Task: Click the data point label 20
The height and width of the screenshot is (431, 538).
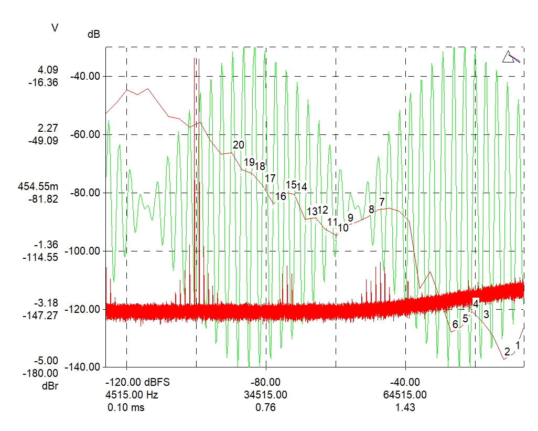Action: tap(239, 145)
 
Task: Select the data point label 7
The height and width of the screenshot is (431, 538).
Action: tap(382, 202)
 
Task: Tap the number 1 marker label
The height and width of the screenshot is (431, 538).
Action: tap(518, 345)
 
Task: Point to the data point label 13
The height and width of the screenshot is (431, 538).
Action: tap(312, 212)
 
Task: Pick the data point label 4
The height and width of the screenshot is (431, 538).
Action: tap(476, 303)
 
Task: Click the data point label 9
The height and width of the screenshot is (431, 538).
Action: tap(350, 217)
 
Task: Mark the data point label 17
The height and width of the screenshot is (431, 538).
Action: tap(270, 178)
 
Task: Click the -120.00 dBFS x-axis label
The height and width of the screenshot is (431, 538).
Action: tap(138, 382)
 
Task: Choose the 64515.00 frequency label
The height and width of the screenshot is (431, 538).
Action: tap(405, 395)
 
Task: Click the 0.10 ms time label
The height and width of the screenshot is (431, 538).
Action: tap(126, 407)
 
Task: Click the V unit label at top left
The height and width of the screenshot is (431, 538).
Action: tap(55, 27)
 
